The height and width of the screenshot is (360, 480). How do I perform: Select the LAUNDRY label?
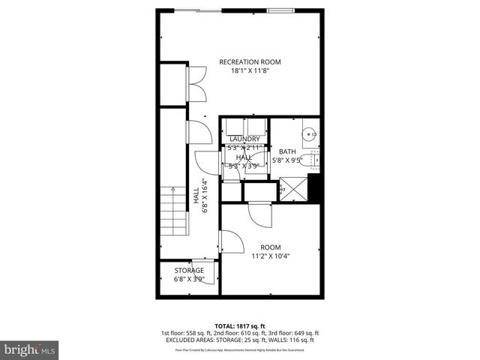coord(244,139)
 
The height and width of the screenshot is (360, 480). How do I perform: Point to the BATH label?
coord(287,151)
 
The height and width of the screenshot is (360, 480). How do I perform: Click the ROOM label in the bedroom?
coord(270,247)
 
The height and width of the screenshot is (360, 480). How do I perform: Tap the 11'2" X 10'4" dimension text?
coord(270,256)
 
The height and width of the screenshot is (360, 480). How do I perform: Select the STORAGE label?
coord(189,271)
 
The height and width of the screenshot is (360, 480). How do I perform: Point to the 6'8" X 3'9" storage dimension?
coord(189,280)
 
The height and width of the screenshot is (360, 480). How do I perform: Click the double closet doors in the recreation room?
coord(196,83)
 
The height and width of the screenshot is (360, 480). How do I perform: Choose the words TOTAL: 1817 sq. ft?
coord(240,325)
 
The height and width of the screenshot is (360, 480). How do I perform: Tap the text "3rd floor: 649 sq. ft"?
coord(289,332)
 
